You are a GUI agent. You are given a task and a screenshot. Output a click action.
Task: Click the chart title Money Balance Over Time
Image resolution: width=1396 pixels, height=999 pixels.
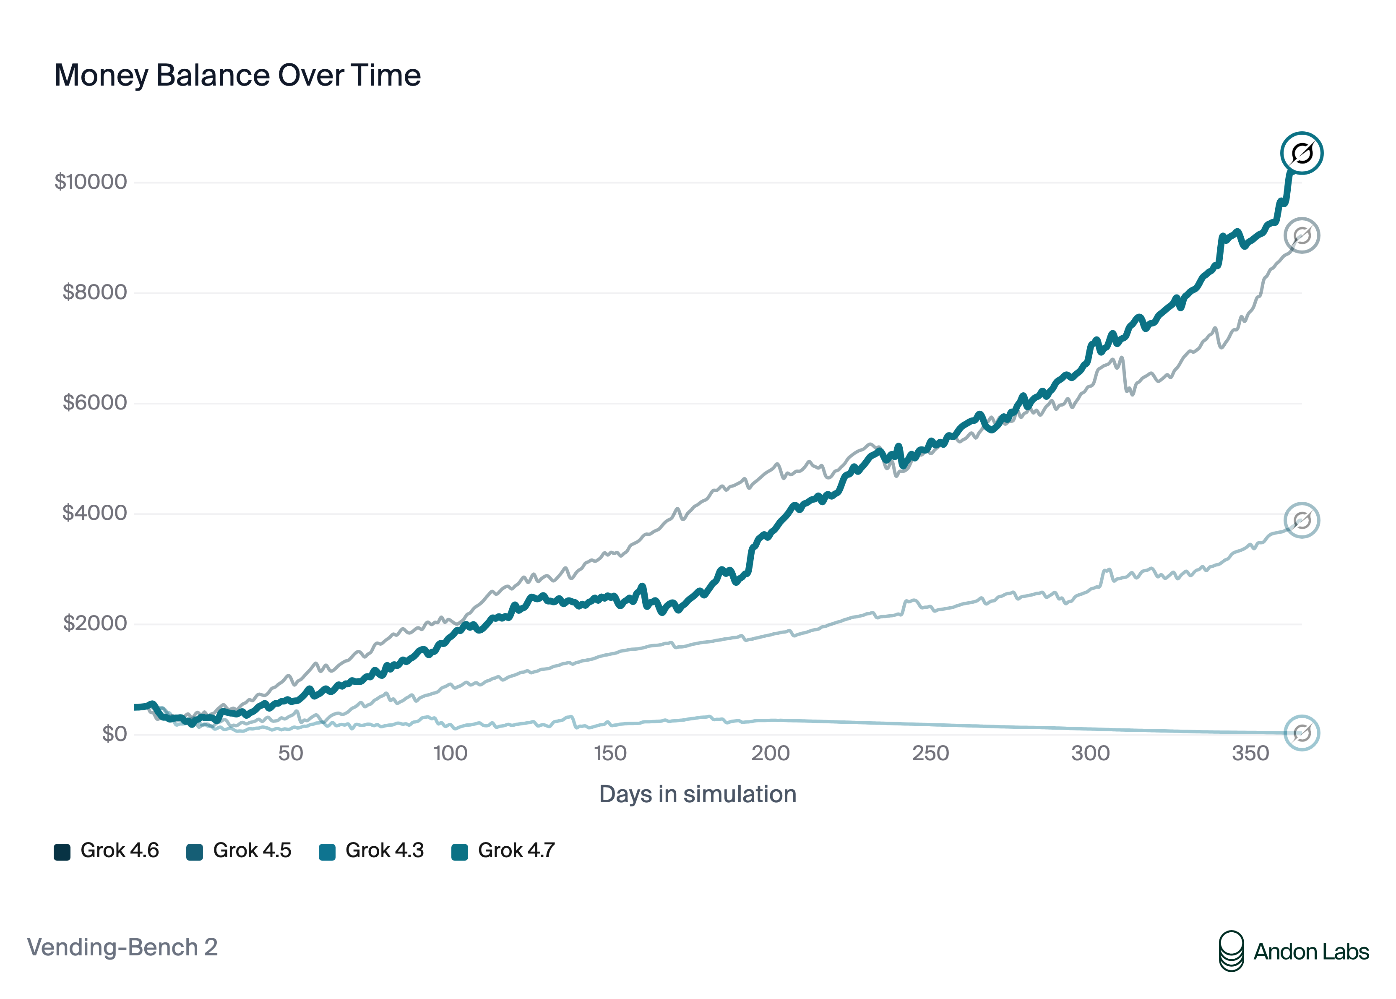[x=237, y=76]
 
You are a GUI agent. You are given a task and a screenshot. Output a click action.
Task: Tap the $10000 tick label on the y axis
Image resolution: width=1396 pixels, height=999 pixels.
[x=91, y=182]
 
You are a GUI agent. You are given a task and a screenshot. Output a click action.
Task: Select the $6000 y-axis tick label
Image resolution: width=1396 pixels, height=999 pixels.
[x=95, y=402]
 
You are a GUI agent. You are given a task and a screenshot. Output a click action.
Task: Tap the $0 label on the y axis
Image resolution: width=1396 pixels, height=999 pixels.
[x=115, y=733]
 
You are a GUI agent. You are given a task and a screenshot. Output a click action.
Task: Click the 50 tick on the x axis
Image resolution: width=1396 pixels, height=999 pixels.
[x=290, y=753]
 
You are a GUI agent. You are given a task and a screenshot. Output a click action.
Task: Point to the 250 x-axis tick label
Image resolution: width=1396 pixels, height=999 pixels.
[x=930, y=753]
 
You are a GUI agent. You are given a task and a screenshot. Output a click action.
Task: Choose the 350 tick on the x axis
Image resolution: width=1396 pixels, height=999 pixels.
[x=1250, y=753]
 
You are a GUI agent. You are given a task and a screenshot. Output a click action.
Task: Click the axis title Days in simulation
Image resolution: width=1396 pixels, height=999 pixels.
[x=698, y=794]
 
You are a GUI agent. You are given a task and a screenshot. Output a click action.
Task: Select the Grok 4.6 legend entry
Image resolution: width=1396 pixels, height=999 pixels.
[x=107, y=851]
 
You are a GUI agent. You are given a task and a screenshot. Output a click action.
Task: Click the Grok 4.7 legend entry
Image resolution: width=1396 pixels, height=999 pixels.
[x=503, y=851]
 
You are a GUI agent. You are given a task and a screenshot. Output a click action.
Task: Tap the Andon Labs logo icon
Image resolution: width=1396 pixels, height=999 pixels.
[x=1231, y=951]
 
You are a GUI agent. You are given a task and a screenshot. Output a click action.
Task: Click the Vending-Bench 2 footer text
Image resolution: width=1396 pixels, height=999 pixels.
[x=122, y=947]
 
